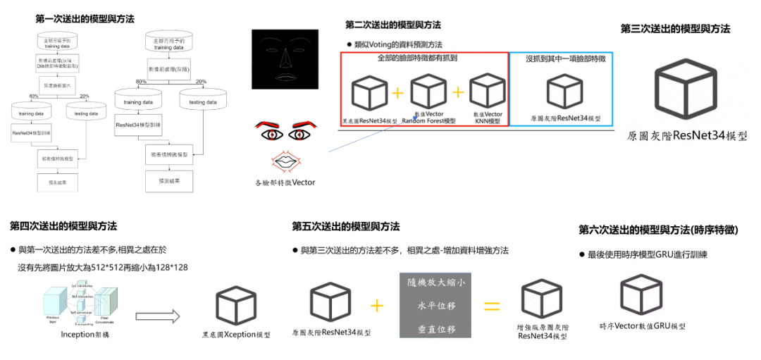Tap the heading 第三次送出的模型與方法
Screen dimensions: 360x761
(x=675, y=29)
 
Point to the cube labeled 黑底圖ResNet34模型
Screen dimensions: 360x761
(x=369, y=93)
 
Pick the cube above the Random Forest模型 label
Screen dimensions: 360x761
(x=428, y=93)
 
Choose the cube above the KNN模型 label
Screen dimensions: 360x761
(x=488, y=93)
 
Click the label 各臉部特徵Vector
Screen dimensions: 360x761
(x=285, y=182)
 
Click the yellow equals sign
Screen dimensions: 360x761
(x=491, y=306)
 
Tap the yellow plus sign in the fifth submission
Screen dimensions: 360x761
(x=377, y=305)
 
